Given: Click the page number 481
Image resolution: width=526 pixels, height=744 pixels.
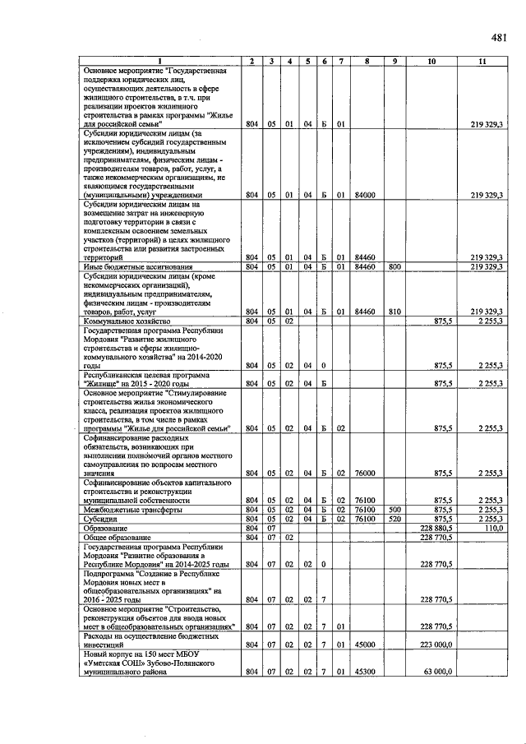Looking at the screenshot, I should pyautogui.click(x=498, y=37).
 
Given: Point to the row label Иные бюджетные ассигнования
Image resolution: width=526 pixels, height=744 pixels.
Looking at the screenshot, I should pyautogui.click(x=138, y=267).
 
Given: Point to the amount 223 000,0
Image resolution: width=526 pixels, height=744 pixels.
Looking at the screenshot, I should pyautogui.click(x=439, y=644).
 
